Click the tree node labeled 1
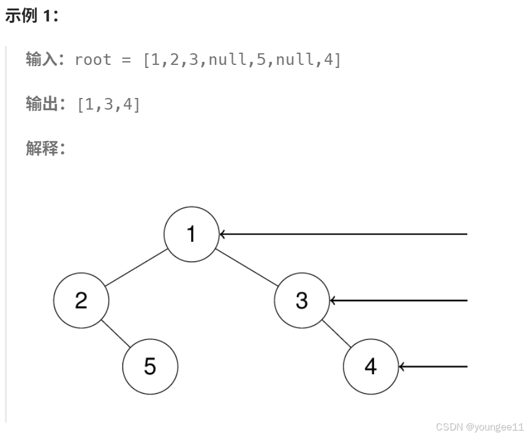click(x=192, y=234)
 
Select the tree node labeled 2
click(x=81, y=301)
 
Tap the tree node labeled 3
click(x=302, y=301)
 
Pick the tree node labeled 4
click(x=370, y=367)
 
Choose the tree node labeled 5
click(x=150, y=367)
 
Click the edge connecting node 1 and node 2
click(x=136, y=268)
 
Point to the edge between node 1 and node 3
click(x=247, y=268)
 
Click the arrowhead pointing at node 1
click(x=223, y=234)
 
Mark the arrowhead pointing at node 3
click(x=333, y=301)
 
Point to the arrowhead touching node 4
click(x=402, y=367)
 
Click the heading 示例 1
click(x=31, y=17)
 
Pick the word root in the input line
click(x=93, y=60)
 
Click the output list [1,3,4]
click(x=109, y=105)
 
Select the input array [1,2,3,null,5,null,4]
click(x=242, y=60)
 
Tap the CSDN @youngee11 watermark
click(x=479, y=427)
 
